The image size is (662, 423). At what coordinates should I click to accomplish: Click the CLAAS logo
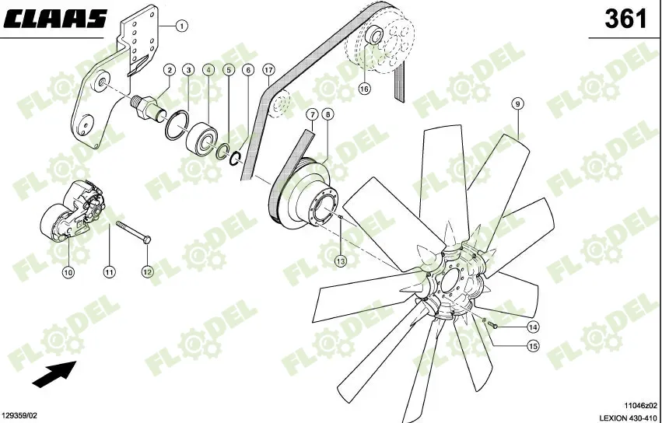tap(55, 20)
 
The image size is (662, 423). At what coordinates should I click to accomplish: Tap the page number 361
tap(626, 19)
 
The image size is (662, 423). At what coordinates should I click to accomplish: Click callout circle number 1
tap(181, 26)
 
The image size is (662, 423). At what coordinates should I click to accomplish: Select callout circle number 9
tap(517, 103)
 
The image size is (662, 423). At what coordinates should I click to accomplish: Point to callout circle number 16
tap(364, 89)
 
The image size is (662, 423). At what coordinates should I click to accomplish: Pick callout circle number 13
tap(340, 260)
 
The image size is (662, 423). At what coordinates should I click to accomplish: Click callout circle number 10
tap(68, 272)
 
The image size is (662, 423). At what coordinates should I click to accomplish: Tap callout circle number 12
tap(148, 272)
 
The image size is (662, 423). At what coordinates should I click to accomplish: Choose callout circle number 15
tap(533, 346)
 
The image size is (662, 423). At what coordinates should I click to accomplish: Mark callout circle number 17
tap(268, 70)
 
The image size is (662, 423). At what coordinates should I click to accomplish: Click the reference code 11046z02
tap(640, 405)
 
